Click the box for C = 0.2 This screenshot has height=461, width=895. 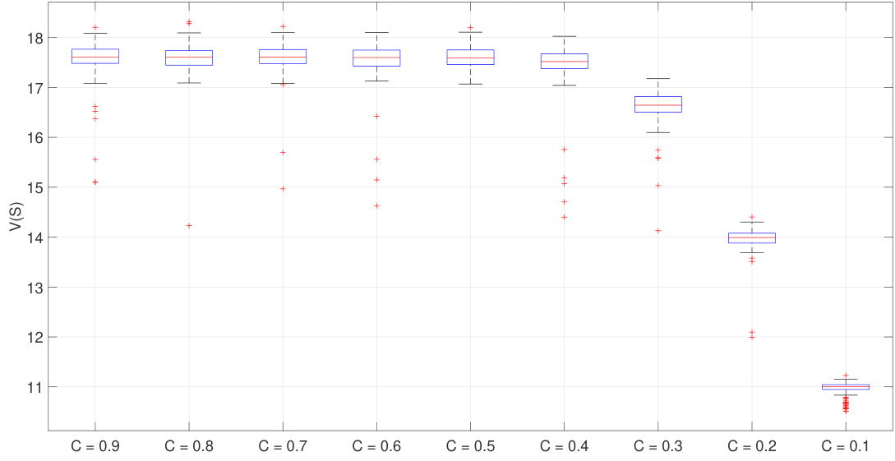(x=752, y=237)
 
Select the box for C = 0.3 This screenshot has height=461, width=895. (x=658, y=104)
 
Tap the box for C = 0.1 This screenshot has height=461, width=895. (x=846, y=386)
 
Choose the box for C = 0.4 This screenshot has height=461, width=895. (x=565, y=61)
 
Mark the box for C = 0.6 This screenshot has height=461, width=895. (x=376, y=58)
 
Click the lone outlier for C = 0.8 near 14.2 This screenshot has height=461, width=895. (x=189, y=225)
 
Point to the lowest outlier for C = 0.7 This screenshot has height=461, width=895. (x=283, y=188)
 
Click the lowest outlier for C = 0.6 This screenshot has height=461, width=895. (x=376, y=205)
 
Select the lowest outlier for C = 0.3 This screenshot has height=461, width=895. (x=658, y=230)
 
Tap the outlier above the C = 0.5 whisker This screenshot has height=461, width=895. (x=470, y=27)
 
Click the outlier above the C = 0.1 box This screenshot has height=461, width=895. (x=846, y=376)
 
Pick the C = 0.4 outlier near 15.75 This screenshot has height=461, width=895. (x=565, y=150)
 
